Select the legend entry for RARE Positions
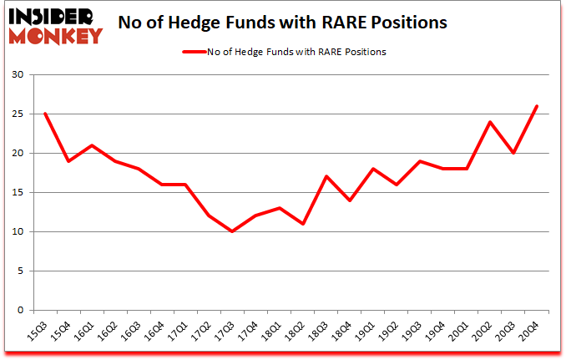tap(284, 52)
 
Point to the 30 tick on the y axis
tap(18, 75)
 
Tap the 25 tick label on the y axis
tap(18, 114)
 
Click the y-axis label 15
tap(18, 193)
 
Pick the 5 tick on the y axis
tap(21, 271)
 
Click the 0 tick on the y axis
tap(21, 310)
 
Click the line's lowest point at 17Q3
tap(232, 231)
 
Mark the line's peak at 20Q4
tap(537, 106)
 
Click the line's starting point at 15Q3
tap(44, 114)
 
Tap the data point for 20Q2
tap(490, 122)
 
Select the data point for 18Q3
tap(326, 176)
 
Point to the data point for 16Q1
tap(91, 145)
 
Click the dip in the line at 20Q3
tap(513, 153)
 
